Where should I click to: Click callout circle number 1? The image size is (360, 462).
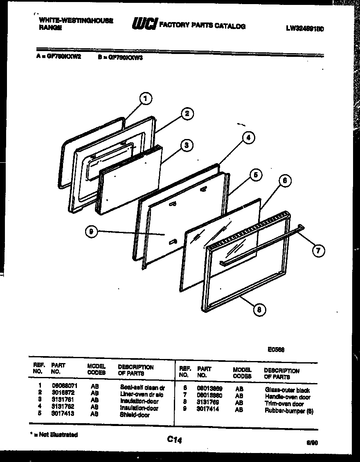146,98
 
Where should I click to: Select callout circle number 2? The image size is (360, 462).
187,114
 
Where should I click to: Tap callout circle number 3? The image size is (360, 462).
186,145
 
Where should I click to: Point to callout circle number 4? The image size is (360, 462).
247,138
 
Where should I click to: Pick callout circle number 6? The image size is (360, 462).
285,180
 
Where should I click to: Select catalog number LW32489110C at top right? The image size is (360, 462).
305,29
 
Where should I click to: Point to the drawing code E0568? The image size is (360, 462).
276,350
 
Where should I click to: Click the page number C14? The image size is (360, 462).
174,440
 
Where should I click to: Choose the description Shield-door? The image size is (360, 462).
135,415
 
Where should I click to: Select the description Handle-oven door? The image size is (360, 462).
288,397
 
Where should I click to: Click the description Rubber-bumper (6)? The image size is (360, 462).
289,410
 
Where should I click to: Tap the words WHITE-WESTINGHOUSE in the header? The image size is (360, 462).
76,20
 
